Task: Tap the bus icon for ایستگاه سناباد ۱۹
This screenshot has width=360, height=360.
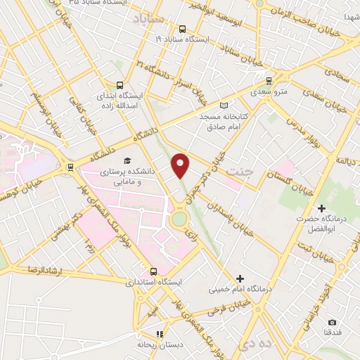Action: pos(183,30)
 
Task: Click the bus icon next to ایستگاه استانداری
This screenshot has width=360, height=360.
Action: pos(155,271)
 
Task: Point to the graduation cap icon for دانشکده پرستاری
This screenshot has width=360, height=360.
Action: pos(127,161)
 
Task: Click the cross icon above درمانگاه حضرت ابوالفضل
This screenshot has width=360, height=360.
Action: pos(321,209)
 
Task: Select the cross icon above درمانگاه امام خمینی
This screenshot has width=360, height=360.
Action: pos(240,278)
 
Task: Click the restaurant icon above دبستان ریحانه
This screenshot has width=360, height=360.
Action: pos(160,335)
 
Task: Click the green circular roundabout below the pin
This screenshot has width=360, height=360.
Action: pos(181,219)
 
